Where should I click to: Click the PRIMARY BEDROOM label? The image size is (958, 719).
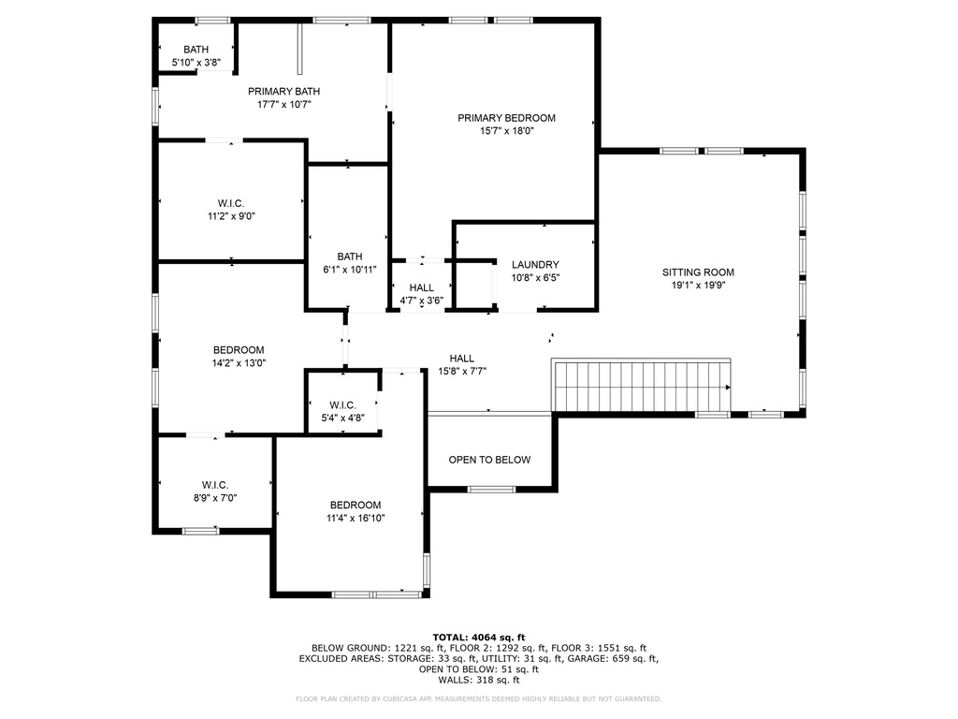(506, 118)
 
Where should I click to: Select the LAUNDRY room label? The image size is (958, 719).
(535, 265)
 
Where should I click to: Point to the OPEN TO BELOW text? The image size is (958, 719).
(489, 460)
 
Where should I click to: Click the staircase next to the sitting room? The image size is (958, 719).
(643, 386)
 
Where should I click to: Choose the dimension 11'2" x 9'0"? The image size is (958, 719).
(231, 216)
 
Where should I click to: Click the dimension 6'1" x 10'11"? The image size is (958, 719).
(350, 270)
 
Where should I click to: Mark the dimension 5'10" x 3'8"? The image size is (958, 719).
(196, 63)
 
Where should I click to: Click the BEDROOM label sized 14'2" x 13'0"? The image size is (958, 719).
(239, 350)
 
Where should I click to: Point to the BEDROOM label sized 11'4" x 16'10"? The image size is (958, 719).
(356, 505)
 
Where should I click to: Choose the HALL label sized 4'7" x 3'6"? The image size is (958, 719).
(421, 287)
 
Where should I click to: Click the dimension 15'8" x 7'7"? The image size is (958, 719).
(462, 371)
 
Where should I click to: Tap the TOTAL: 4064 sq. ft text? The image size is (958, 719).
(478, 638)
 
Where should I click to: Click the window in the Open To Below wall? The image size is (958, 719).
(491, 489)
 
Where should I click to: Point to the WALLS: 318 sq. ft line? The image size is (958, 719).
(478, 680)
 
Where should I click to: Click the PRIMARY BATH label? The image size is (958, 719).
(283, 91)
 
